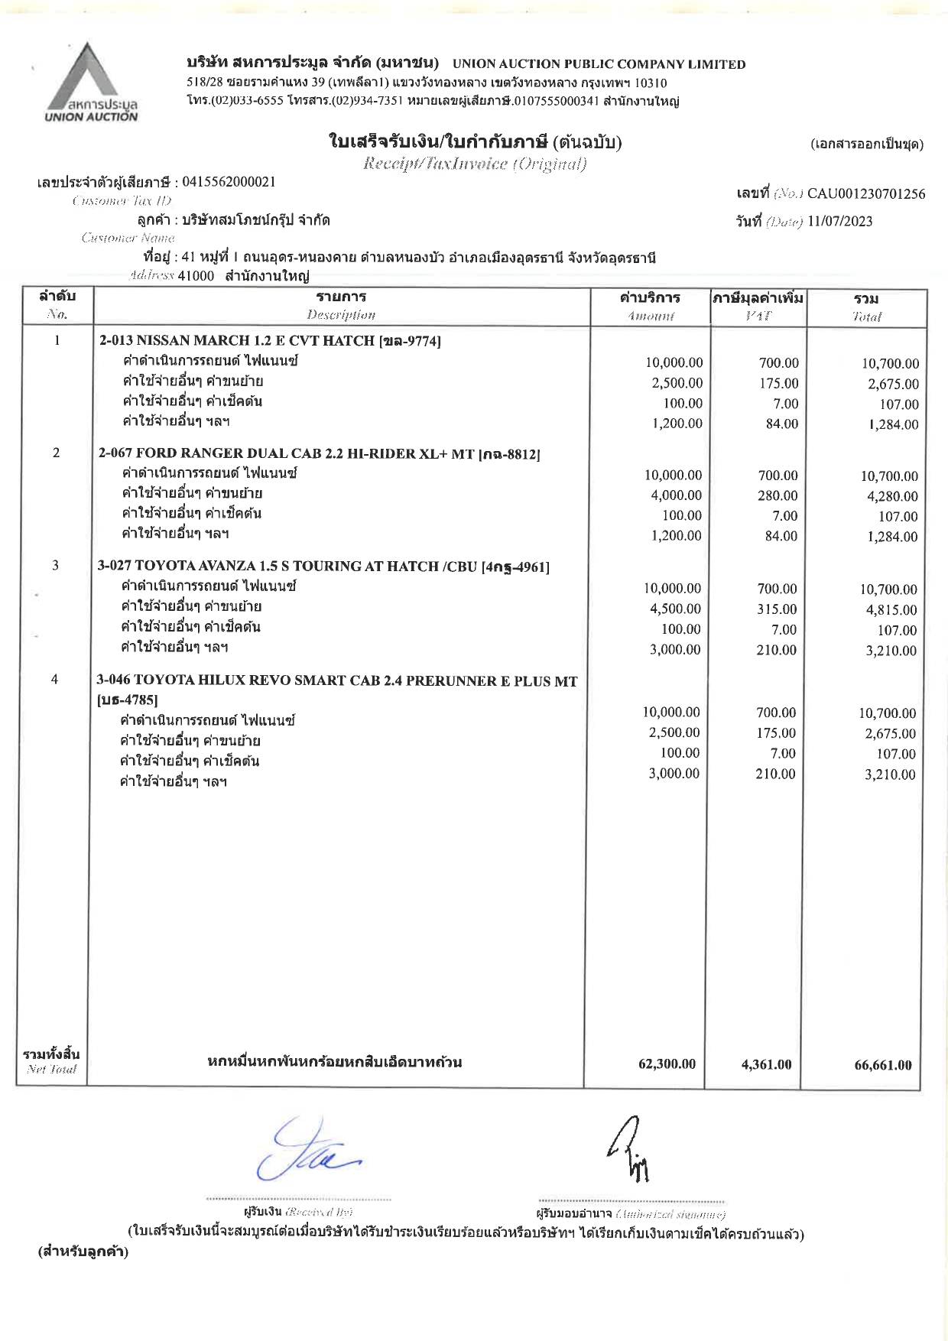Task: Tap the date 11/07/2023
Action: [x=839, y=222]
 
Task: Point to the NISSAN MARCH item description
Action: [x=270, y=341]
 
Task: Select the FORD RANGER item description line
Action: [x=320, y=453]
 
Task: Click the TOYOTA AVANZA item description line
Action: [x=323, y=567]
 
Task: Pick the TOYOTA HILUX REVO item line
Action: [x=337, y=680]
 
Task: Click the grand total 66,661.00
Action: [x=883, y=1065]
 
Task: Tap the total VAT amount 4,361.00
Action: [x=766, y=1064]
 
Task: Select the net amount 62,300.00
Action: [x=667, y=1064]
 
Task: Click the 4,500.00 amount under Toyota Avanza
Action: [x=673, y=609]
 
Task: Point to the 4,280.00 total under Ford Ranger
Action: [x=890, y=496]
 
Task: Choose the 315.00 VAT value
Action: [x=777, y=609]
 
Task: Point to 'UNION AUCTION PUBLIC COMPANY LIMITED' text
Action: [x=599, y=64]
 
